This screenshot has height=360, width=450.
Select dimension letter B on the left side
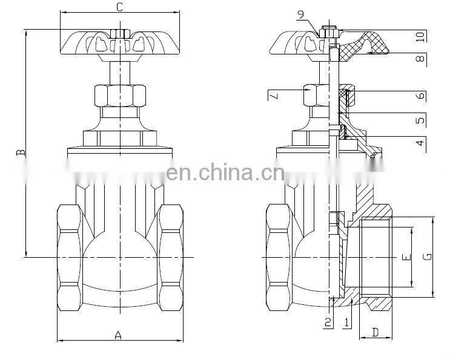20,154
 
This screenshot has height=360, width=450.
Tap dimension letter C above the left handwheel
119,7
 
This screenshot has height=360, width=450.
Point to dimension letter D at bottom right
375,332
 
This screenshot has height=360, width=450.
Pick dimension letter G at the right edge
428,257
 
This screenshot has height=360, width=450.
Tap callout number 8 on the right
420,60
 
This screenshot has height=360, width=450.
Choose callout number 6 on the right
420,96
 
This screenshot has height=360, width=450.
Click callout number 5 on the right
420,120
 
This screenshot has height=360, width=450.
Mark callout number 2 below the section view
328,322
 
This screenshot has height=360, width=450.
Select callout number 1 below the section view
346,322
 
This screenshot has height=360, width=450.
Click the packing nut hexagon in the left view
120,95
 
